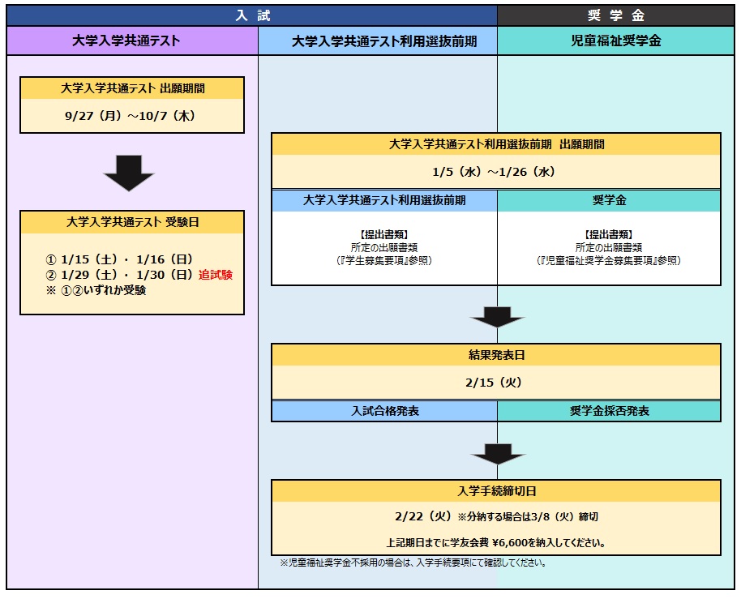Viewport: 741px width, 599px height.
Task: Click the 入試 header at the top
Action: coord(253,15)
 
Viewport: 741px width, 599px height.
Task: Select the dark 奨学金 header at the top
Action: coord(615,15)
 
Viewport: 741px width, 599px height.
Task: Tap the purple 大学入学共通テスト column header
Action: coord(132,41)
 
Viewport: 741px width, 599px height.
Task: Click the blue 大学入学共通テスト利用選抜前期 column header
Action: coord(378,41)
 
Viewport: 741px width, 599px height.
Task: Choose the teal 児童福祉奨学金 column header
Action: coord(615,41)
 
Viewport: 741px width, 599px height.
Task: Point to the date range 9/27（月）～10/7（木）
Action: coord(131,116)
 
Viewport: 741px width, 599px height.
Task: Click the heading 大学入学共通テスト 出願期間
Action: coord(132,88)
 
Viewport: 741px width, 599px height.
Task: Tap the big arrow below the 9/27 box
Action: coord(129,173)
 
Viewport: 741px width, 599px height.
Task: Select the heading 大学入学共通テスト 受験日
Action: coord(132,222)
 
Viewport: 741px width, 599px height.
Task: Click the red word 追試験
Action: coord(216,275)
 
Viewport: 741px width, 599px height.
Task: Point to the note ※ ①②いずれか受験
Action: coord(96,290)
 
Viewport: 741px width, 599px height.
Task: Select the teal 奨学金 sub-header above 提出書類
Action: coord(609,200)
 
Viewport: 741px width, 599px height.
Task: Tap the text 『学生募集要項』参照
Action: coord(384,261)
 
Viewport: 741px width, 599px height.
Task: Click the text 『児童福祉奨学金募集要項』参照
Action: coord(609,261)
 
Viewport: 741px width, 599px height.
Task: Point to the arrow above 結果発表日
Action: coord(497,317)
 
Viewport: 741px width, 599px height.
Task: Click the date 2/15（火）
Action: coord(495,383)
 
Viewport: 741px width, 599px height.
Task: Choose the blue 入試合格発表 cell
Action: coord(385,411)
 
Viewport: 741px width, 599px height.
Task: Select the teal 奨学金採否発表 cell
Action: coord(609,411)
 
